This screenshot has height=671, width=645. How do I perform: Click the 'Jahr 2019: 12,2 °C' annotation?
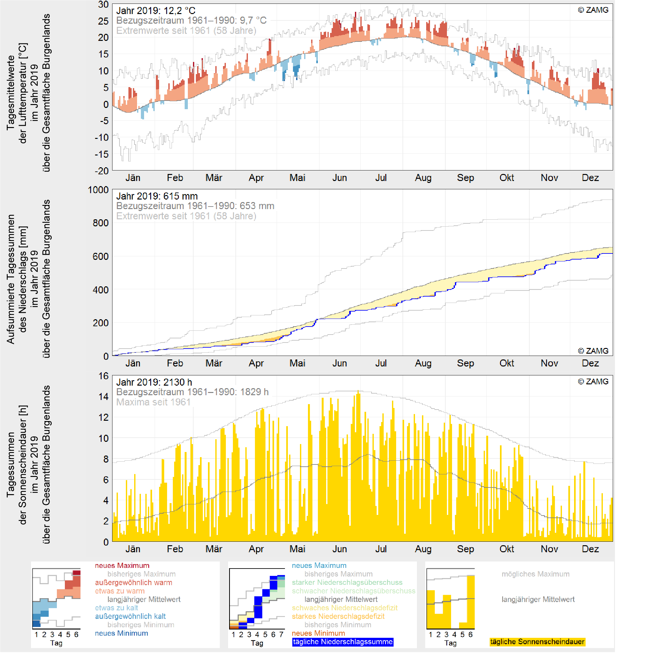coord(156,11)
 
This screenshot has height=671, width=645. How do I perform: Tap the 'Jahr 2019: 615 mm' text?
coord(157,196)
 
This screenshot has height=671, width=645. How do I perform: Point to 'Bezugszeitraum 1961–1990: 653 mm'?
coord(195,206)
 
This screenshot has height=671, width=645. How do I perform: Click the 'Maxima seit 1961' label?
coord(153,402)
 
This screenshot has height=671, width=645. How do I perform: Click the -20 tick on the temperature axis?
coord(101,171)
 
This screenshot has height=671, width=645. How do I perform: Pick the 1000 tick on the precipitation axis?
coord(98,190)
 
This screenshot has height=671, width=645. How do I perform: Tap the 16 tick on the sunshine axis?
coord(103,376)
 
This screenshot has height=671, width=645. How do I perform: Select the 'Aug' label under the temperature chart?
coord(423,178)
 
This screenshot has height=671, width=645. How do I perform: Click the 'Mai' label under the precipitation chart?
coord(297,363)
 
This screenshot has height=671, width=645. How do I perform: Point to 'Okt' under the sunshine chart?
coord(507,549)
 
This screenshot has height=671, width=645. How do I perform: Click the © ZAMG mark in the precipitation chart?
coord(593,351)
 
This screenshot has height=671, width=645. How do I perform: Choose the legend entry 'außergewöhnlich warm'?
coord(134,583)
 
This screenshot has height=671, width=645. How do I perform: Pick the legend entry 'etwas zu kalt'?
coord(117,608)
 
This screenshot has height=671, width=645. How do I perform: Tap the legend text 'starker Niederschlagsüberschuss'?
coord(347,583)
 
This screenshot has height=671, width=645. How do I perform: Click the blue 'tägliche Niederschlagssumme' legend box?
coord(342,642)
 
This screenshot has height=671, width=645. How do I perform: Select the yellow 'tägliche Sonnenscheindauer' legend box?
coord(537,642)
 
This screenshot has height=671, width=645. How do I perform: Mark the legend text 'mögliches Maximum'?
coord(535,574)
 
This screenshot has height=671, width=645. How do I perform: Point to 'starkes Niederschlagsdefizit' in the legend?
coord(338,616)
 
